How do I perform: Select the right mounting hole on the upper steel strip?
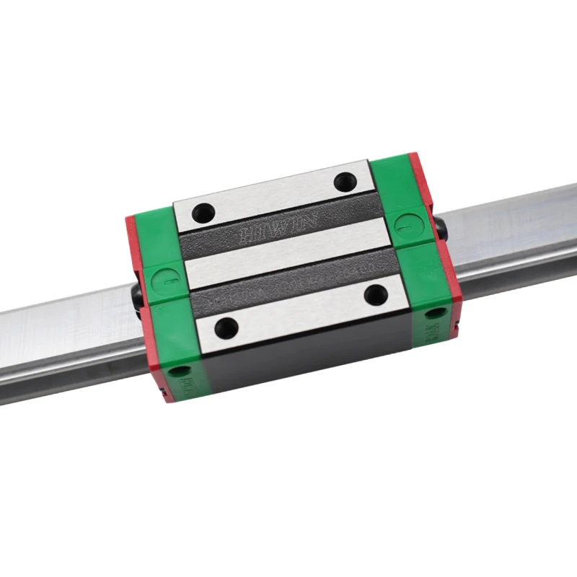click(x=344, y=182)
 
